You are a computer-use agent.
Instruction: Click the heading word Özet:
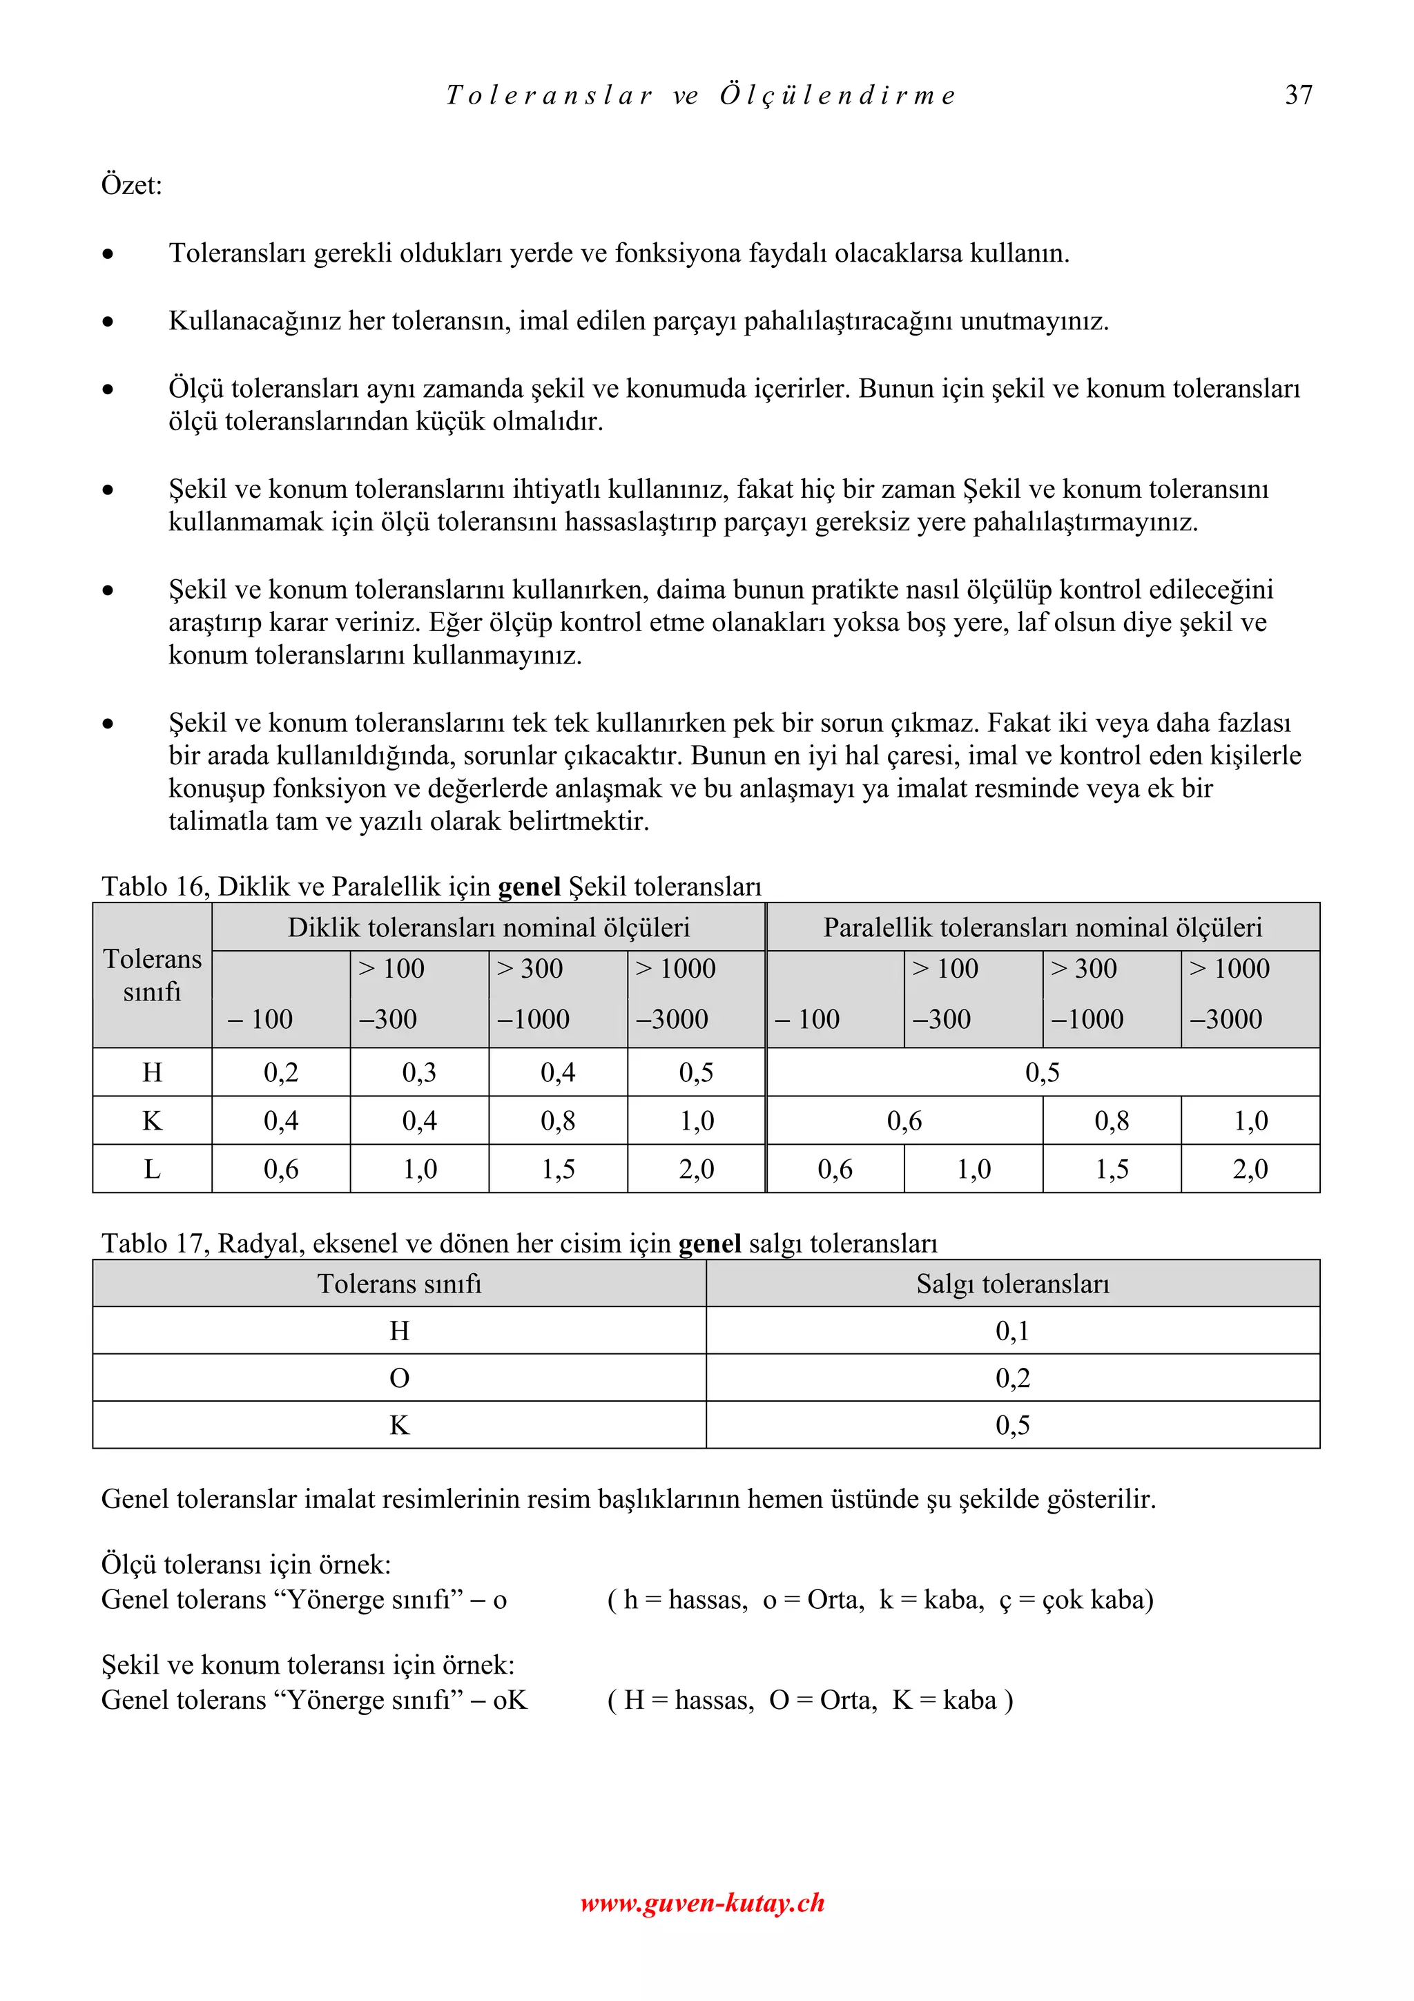click(132, 185)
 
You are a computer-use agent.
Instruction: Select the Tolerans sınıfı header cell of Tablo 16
click(152, 974)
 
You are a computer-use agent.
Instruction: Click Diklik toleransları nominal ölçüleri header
click(488, 927)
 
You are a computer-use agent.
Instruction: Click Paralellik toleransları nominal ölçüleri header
click(1042, 927)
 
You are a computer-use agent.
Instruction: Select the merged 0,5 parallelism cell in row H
click(1042, 1072)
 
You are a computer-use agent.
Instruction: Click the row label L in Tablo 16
click(152, 1169)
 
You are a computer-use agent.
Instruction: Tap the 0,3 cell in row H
click(419, 1072)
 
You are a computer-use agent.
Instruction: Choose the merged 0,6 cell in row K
click(904, 1121)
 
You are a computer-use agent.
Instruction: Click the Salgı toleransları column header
click(1012, 1284)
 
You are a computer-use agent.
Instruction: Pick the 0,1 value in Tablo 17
click(1012, 1331)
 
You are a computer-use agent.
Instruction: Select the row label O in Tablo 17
click(399, 1378)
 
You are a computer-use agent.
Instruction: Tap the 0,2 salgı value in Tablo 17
click(1012, 1378)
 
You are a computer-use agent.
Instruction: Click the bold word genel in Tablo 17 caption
click(709, 1243)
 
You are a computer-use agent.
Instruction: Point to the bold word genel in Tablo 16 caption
click(529, 887)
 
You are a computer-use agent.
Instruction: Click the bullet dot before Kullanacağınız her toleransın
click(107, 322)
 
